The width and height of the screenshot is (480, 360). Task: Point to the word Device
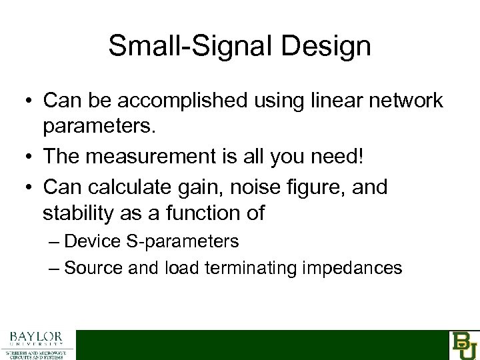(91, 241)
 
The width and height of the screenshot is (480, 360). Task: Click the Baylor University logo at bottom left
(37, 344)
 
